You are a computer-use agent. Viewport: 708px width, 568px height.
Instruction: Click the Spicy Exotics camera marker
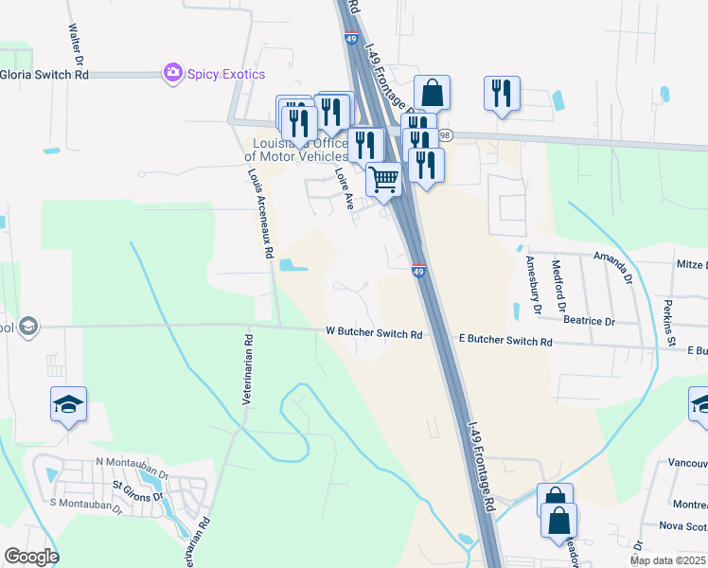click(172, 73)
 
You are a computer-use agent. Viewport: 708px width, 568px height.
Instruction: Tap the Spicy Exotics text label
click(225, 74)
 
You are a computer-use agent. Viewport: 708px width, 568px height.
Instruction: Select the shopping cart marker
click(383, 177)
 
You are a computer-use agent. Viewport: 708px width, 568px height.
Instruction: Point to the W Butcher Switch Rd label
click(374, 333)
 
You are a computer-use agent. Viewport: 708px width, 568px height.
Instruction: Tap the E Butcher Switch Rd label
click(504, 340)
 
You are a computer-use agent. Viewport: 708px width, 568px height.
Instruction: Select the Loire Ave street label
click(344, 188)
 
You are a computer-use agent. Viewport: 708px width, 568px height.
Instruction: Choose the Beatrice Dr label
click(589, 322)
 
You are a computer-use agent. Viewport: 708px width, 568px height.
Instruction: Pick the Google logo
click(31, 557)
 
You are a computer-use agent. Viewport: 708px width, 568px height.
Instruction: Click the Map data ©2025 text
click(667, 560)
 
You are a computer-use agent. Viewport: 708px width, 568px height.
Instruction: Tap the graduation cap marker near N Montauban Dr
click(68, 404)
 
